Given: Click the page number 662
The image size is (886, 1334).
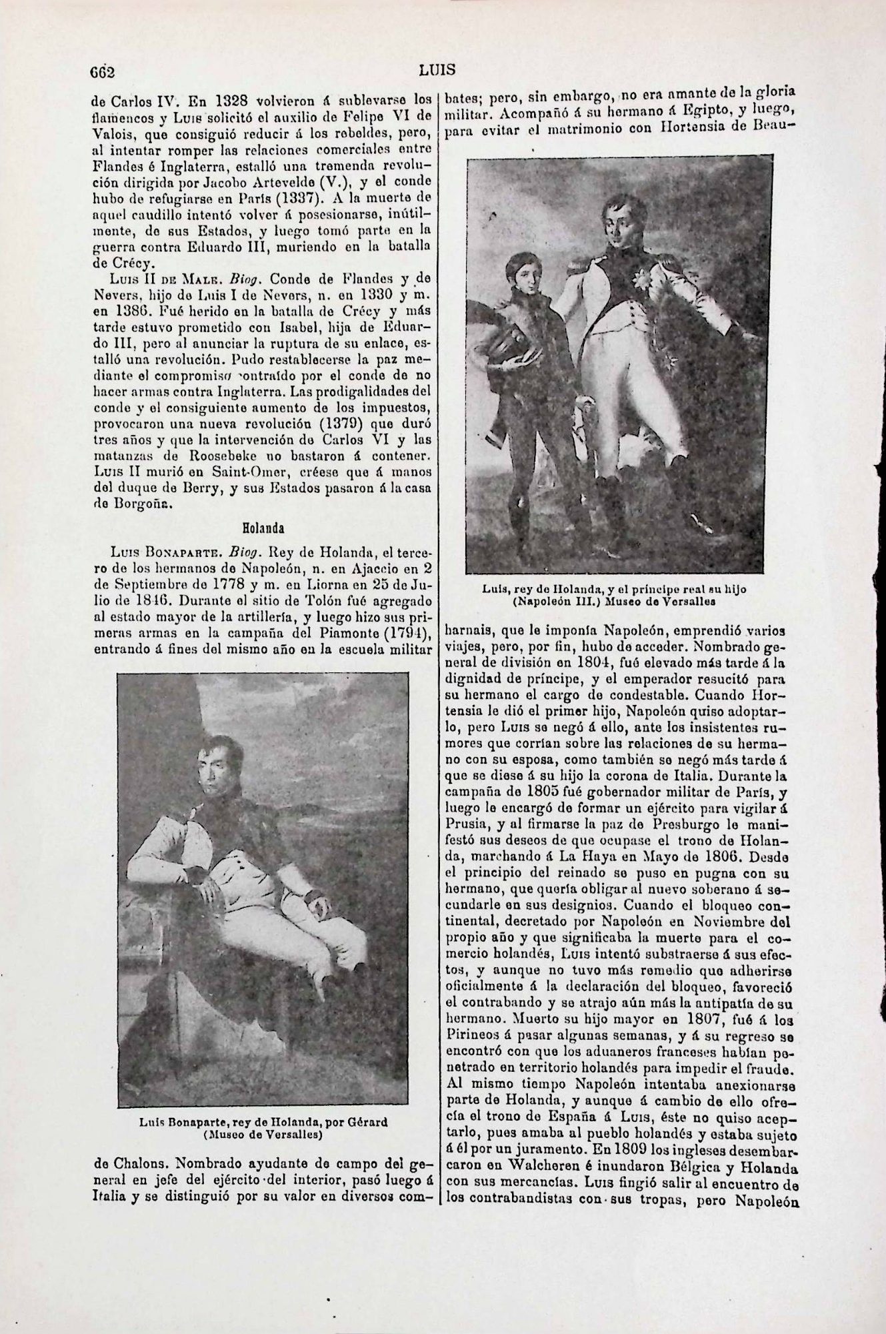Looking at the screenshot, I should [103, 71].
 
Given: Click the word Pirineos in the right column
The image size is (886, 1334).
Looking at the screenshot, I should [472, 1035].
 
